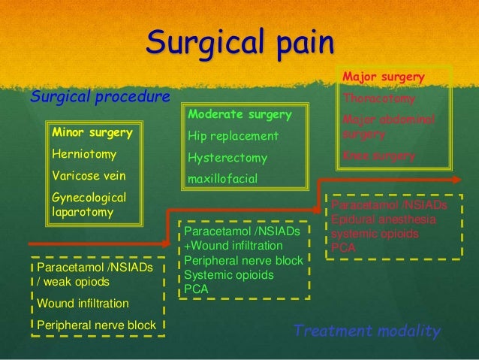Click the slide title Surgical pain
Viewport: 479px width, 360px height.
[x=239, y=43]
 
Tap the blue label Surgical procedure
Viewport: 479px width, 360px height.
[x=99, y=96]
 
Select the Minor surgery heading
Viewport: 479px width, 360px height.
[x=92, y=133]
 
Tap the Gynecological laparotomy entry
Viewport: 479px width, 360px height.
[x=89, y=205]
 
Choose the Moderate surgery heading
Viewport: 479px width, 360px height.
[x=239, y=115]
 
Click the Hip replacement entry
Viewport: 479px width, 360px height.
[x=233, y=136]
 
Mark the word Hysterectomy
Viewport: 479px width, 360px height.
[x=228, y=159]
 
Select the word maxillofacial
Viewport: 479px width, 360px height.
[x=223, y=180]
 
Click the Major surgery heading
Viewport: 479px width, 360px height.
[x=384, y=77]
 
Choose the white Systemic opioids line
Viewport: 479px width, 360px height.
[x=229, y=274]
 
